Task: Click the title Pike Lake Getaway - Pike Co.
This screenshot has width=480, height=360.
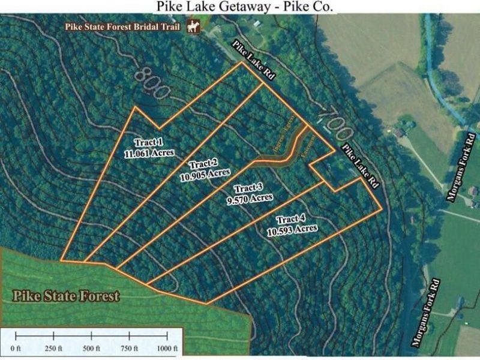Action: pos(239,7)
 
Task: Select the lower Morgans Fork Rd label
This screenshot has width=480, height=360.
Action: pos(427,313)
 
